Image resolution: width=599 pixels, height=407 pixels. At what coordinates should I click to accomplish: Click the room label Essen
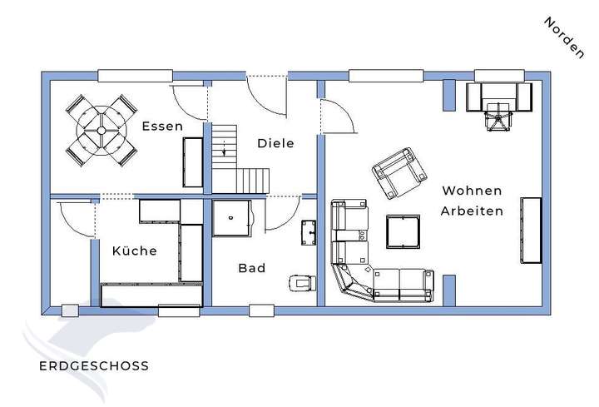pos(161,127)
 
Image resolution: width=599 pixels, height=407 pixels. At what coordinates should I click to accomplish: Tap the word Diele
pos(275,143)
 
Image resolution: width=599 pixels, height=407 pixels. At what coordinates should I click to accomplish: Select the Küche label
pos(134,251)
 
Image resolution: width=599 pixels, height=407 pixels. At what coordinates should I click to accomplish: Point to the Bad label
pos(251,268)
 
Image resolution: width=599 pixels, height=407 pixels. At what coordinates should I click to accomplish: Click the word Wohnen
pos(471,191)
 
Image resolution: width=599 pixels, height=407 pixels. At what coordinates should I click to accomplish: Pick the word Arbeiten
pos(473,211)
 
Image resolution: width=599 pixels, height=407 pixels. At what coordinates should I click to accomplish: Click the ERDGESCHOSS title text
pos(94,365)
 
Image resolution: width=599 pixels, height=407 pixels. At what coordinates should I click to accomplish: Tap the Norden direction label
pos(563,37)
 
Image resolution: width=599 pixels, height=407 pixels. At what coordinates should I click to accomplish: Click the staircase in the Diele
pos(240,158)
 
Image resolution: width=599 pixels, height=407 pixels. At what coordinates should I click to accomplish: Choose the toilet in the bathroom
pos(299,283)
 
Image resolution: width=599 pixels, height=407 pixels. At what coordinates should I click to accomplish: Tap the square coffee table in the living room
pos(403,231)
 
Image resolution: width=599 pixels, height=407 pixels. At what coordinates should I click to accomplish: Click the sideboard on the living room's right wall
pos(531,226)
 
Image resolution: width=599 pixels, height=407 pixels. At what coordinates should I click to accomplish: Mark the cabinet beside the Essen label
pos(192,161)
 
